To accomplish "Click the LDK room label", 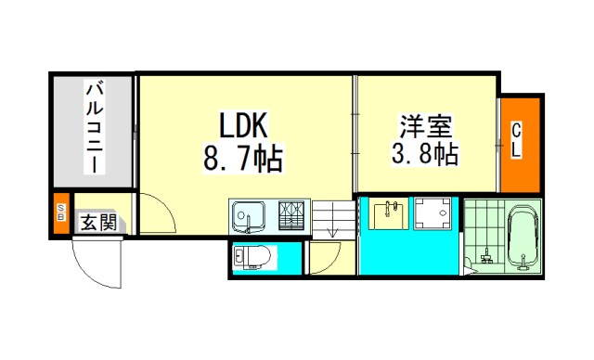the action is [x=243, y=125].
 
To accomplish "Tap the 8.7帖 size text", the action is [x=243, y=159].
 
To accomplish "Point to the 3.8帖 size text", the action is [x=425, y=153].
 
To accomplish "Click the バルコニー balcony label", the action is [x=95, y=128].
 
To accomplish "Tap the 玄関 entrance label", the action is [x=98, y=222].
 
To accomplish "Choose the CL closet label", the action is [x=516, y=141].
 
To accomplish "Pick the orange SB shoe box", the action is [x=61, y=212].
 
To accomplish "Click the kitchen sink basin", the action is [x=248, y=217].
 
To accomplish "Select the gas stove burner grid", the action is [x=291, y=215].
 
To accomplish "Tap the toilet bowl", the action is [x=252, y=257].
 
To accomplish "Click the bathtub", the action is [x=523, y=238].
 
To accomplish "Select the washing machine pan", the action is [x=433, y=213].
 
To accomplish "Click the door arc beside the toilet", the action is [x=332, y=262].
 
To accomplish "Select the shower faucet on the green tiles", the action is [x=485, y=256].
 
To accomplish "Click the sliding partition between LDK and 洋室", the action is [x=355, y=134].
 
